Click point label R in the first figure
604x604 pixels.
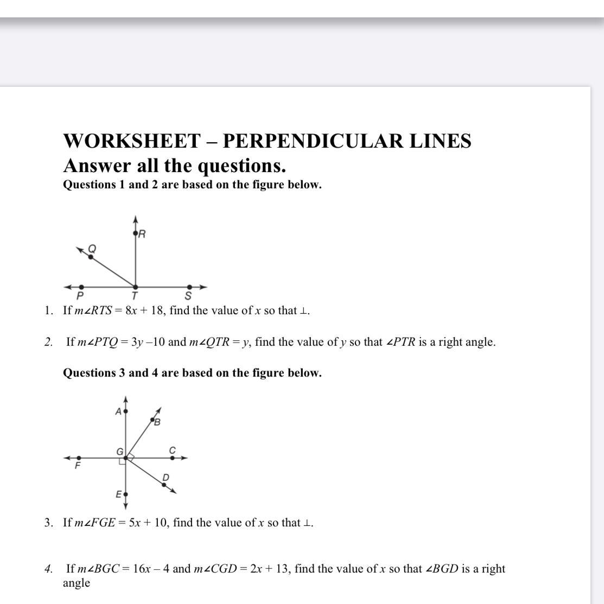142,234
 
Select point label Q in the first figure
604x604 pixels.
92,249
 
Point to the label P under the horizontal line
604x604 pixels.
80,296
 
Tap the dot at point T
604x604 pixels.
135,287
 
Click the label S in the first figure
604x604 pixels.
188,296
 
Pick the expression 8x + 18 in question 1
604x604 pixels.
145,311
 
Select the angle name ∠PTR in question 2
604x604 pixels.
400,342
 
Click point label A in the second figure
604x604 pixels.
118,411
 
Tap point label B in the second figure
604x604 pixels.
157,423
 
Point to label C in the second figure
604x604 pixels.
173,450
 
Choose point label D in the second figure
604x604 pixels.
166,478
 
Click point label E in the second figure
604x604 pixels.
118,494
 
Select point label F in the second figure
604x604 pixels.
78,466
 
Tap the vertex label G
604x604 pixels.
119,452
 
